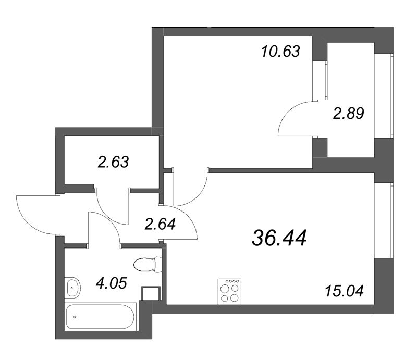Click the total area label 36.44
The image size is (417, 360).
(x=279, y=238)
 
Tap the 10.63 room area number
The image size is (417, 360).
(x=280, y=52)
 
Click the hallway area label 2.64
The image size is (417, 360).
(x=160, y=225)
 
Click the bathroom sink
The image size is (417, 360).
(x=73, y=286)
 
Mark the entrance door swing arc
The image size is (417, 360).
(x=36, y=215)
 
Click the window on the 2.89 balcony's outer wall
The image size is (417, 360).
(x=385, y=96)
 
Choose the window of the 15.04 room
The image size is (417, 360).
(x=385, y=222)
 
